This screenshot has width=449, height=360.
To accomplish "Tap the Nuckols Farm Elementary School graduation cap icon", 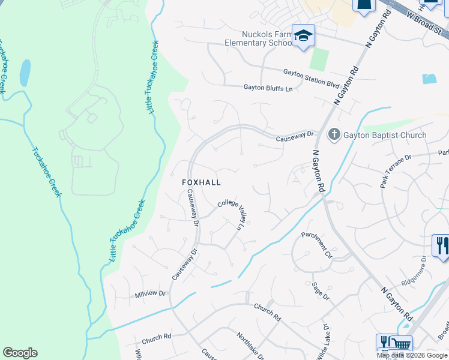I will [303, 35].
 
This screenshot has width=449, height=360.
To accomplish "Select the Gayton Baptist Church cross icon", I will [335, 135].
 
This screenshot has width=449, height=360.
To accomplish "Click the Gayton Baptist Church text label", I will [385, 135].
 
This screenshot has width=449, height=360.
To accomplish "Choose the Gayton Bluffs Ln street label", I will [268, 88].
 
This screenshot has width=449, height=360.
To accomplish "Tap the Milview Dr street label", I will [150, 294].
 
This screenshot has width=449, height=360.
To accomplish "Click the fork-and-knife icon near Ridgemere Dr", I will [441, 245].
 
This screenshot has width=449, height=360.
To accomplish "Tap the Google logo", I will [20, 353].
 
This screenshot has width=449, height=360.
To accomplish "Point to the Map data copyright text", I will [412, 355].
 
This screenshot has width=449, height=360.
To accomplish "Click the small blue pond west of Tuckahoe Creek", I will [25, 73].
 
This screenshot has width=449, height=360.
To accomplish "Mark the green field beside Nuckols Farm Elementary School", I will [319, 59].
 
